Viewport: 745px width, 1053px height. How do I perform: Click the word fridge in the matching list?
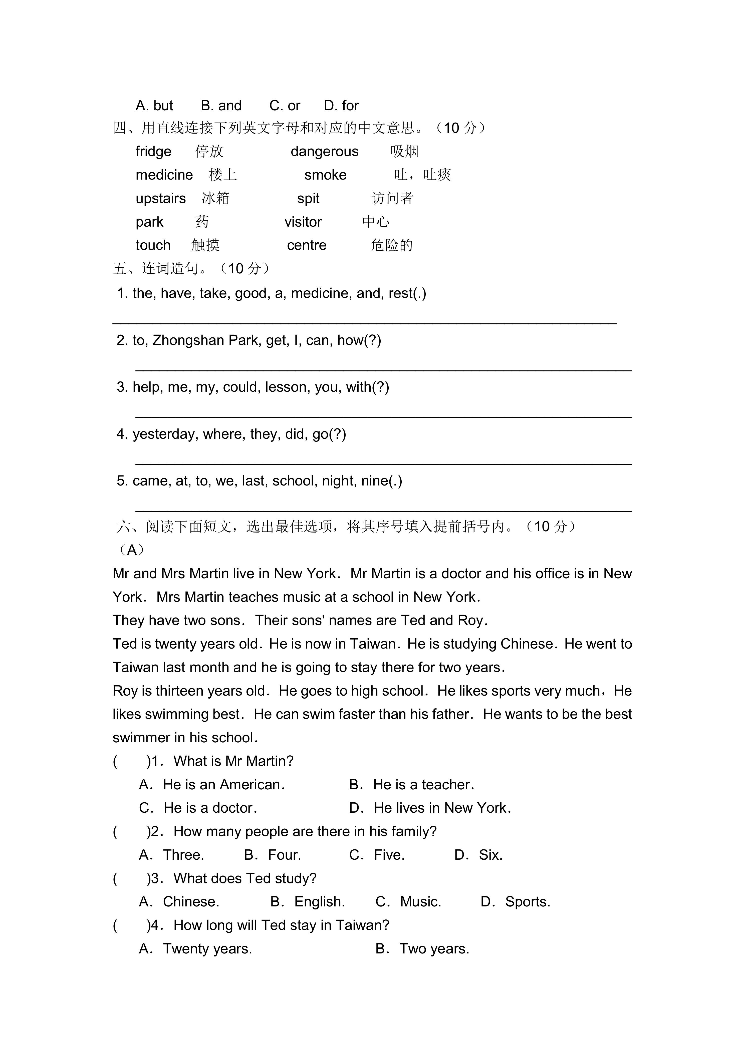click(153, 151)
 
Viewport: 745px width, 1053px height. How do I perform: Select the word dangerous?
click(324, 151)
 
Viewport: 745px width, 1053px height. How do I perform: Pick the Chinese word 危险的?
click(391, 245)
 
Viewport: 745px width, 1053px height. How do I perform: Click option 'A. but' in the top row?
click(154, 106)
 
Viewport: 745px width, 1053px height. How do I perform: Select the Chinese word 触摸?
click(205, 245)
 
